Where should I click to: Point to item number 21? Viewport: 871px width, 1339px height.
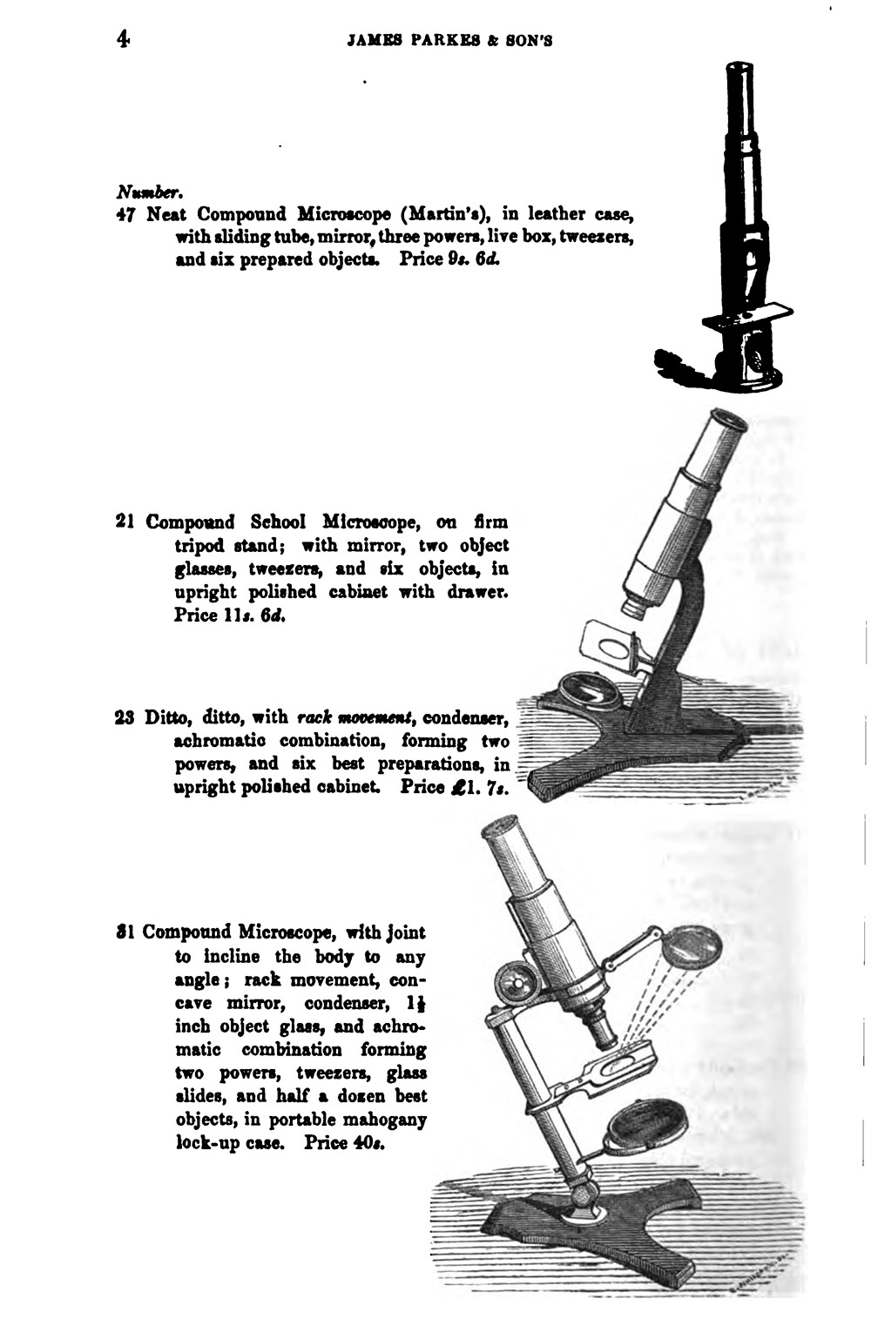tap(124, 522)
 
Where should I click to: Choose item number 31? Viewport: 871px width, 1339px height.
tap(123, 932)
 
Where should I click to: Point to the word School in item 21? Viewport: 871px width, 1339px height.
tap(277, 522)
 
